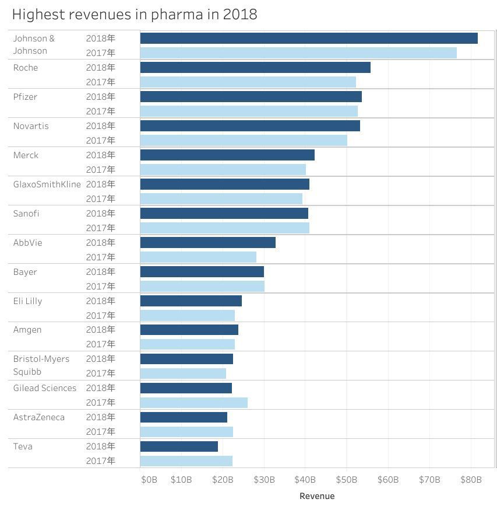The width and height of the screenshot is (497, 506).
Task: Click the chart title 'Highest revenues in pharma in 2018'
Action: (x=135, y=15)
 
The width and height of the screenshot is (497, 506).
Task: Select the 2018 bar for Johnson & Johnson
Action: (x=309, y=39)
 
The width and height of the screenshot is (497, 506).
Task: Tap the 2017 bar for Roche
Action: (x=248, y=82)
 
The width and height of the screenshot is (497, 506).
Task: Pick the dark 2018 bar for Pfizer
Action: (x=251, y=97)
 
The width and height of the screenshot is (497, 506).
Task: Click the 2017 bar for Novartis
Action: (x=244, y=141)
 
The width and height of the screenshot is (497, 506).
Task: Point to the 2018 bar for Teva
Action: (x=179, y=446)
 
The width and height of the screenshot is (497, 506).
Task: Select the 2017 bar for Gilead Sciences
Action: (x=193, y=403)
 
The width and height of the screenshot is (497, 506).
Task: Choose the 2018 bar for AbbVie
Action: (x=207, y=243)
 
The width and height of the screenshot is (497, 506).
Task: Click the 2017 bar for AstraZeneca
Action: (x=186, y=432)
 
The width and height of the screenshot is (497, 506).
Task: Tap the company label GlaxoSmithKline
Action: (x=47, y=184)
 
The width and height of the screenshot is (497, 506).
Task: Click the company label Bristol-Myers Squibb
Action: (x=41, y=365)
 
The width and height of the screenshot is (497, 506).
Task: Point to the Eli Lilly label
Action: (x=28, y=301)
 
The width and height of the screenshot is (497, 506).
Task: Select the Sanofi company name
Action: (x=26, y=214)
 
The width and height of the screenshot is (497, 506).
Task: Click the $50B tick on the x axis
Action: (x=347, y=480)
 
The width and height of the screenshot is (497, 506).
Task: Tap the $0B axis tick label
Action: (x=149, y=480)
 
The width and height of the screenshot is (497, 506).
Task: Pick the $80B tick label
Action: (x=471, y=480)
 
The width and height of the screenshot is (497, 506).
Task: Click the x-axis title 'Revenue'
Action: (x=317, y=496)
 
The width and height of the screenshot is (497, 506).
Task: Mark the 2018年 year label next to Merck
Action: (x=101, y=155)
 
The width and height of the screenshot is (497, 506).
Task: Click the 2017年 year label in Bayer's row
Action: (x=101, y=287)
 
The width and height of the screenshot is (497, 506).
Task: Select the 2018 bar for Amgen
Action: (x=189, y=330)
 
